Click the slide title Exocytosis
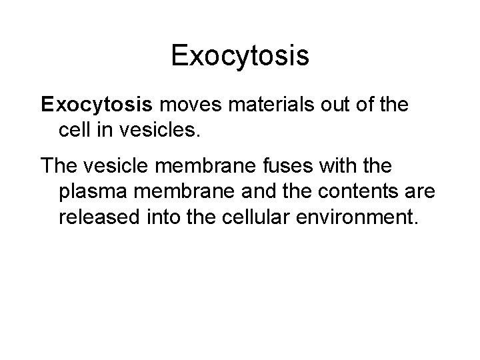click(240, 55)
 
